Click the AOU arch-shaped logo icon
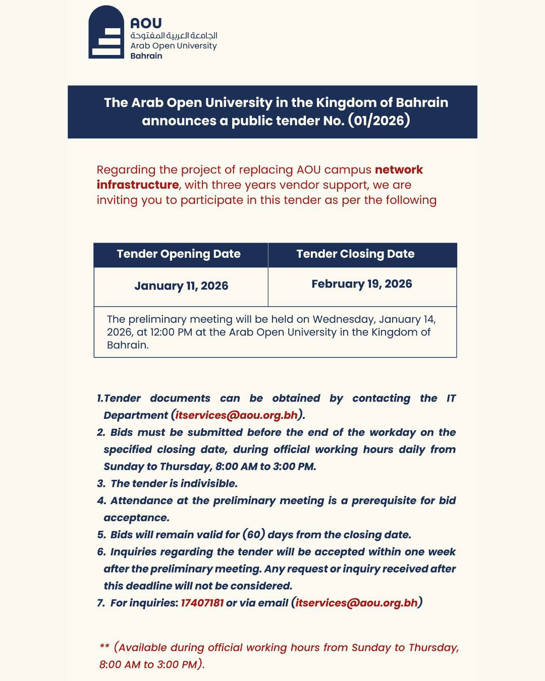click(x=106, y=33)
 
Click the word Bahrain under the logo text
click(x=146, y=56)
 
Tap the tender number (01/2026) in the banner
click(x=379, y=121)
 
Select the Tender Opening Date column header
click(x=179, y=254)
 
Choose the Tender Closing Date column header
click(x=355, y=254)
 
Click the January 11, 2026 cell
click(x=181, y=286)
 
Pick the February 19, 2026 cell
click(x=362, y=284)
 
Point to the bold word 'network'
click(x=399, y=169)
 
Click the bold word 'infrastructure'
click(x=138, y=185)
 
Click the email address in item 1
click(x=237, y=415)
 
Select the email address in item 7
click(x=357, y=603)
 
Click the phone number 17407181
click(x=202, y=603)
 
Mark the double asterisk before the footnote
click(x=104, y=647)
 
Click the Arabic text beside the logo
click(x=174, y=35)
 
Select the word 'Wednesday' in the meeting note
click(x=344, y=319)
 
